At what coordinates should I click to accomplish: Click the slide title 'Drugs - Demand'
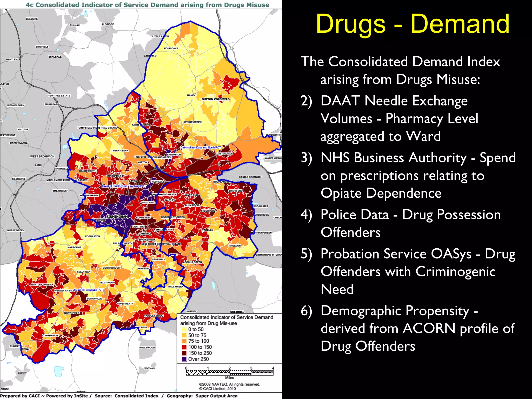point(413,24)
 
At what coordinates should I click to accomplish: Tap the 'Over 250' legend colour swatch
point(184,359)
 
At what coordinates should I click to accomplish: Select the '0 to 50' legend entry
point(196,329)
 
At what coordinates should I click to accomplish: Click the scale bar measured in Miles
point(229,373)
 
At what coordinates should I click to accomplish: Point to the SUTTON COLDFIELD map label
point(216,99)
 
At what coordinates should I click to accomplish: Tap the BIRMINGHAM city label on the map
point(117,217)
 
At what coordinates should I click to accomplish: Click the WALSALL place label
point(55,57)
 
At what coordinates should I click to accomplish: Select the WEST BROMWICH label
point(42,156)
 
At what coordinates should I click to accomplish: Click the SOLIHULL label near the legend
point(237,312)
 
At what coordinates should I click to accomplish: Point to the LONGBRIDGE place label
point(50,336)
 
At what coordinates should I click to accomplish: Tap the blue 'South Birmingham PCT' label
point(88,290)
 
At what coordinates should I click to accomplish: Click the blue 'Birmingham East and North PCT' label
point(201,148)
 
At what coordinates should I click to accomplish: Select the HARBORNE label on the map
point(74,248)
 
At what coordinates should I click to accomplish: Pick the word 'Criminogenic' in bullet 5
point(455,272)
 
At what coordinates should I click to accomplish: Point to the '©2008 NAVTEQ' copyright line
point(229,384)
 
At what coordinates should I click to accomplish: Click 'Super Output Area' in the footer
point(216,396)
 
